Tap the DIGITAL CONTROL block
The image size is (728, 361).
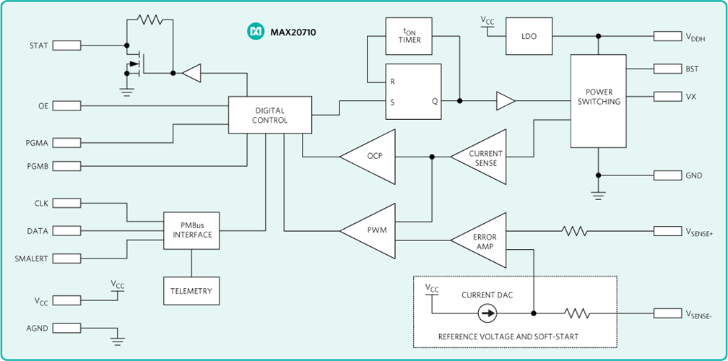[x=270, y=115]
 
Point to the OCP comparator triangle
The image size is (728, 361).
[x=371, y=156]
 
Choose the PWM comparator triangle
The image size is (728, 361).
[x=371, y=231]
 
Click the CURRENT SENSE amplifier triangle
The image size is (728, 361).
[x=482, y=157]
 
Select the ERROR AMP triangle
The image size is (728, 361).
[x=482, y=241]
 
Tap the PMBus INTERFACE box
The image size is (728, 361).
[x=191, y=230]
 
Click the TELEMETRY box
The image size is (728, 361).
[x=191, y=290]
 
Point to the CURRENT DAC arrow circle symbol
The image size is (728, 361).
[x=488, y=313]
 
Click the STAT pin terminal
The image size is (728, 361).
[x=67, y=45]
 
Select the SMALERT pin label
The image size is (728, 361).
[x=32, y=258]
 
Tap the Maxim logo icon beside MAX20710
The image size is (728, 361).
[x=256, y=32]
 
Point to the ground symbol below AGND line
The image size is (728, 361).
[x=118, y=338]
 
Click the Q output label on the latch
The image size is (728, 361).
[x=435, y=102]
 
